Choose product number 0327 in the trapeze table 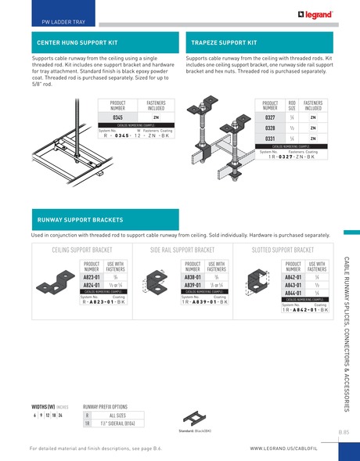coord(269,117)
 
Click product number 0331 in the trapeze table coord(269,138)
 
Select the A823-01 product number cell coord(92,277)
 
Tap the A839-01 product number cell coord(193,286)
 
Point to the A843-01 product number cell coord(293,286)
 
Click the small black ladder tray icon coord(193,419)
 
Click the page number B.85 coord(344,431)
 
